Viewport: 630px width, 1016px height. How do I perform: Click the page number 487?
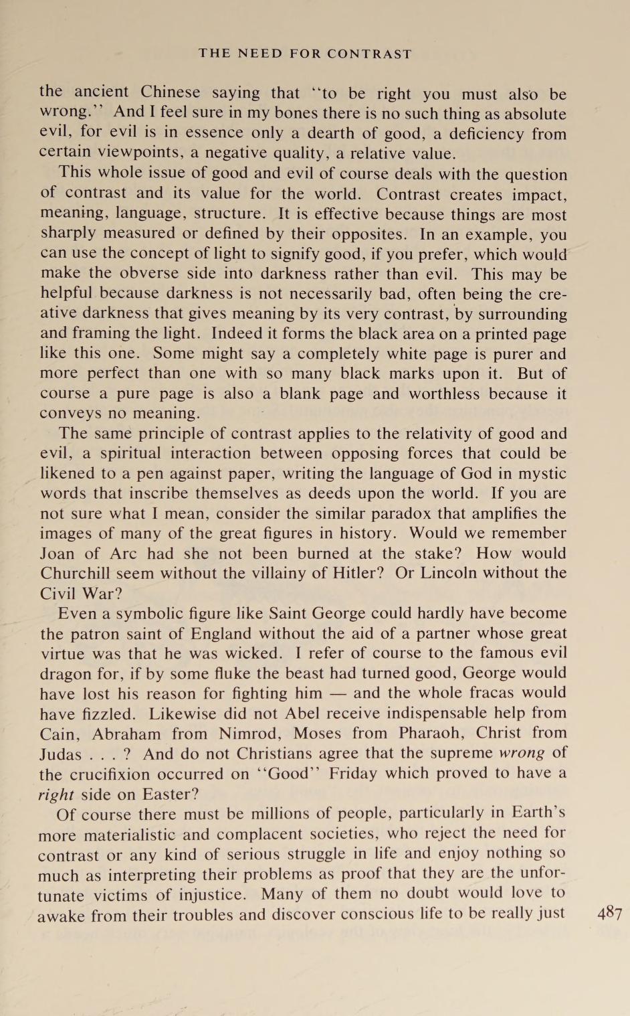(x=610, y=913)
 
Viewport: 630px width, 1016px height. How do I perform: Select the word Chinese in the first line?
(x=170, y=92)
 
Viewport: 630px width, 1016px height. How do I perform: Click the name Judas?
(x=60, y=754)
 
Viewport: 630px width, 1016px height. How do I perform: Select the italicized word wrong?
(x=522, y=753)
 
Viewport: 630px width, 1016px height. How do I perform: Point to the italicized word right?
(x=56, y=794)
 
